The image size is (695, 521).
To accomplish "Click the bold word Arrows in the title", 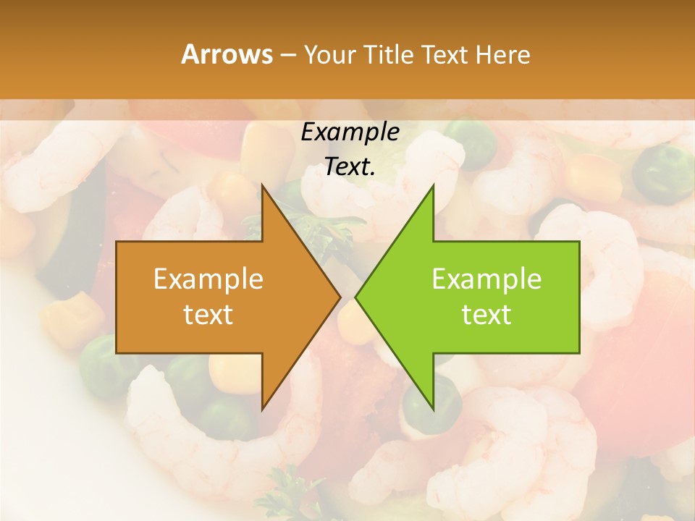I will point(227,54).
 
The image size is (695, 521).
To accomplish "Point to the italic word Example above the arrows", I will point(350,132).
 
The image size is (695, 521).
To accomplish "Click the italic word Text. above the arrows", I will point(350,166).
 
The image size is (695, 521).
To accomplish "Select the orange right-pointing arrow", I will point(217,297).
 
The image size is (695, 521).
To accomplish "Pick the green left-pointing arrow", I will point(478,297).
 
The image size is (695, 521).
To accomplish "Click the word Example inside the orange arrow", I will point(208,279).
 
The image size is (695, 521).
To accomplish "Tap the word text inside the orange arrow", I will point(208,314).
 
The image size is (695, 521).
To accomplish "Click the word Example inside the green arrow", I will point(486,279).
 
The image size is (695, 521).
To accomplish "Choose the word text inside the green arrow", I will point(486,314).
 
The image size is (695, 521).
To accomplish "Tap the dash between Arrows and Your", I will point(287,55).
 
